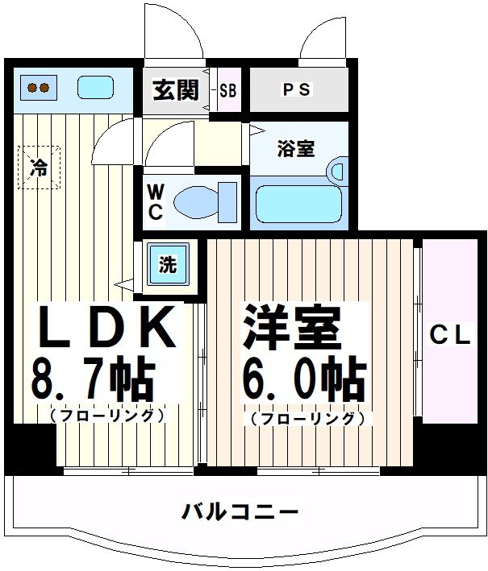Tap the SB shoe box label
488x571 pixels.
coord(228,89)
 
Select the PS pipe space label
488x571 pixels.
coord(296,89)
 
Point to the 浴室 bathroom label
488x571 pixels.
coord(295,149)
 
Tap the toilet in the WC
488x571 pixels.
coord(202,201)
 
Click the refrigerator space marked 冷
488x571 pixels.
coord(39,168)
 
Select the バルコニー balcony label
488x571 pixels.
coord(240,511)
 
